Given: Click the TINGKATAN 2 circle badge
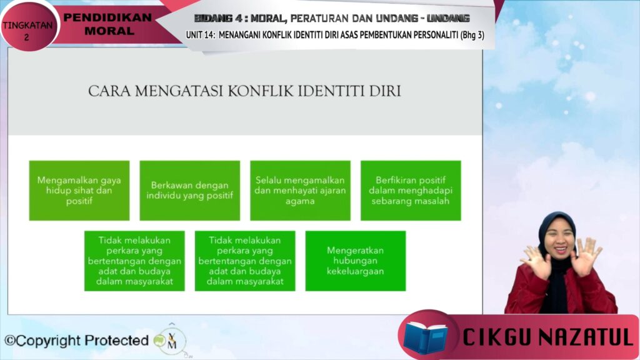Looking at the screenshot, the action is tap(28, 26).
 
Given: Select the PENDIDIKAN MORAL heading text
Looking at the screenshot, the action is tap(108, 24).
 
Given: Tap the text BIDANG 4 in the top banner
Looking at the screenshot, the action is tap(218, 18).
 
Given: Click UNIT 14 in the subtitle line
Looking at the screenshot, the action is tap(200, 35).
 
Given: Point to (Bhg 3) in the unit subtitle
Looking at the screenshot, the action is tap(472, 35).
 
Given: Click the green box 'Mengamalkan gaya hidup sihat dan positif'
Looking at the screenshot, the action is tap(79, 191).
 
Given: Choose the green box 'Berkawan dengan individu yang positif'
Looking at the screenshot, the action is tap(190, 191).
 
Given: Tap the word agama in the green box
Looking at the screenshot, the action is tap(300, 201).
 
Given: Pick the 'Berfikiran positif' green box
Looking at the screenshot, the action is tap(411, 191).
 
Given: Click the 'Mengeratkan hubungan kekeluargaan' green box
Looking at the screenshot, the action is tap(356, 261).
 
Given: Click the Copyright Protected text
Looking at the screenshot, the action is tap(76, 341).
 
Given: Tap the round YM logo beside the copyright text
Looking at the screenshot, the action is tap(171, 341).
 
